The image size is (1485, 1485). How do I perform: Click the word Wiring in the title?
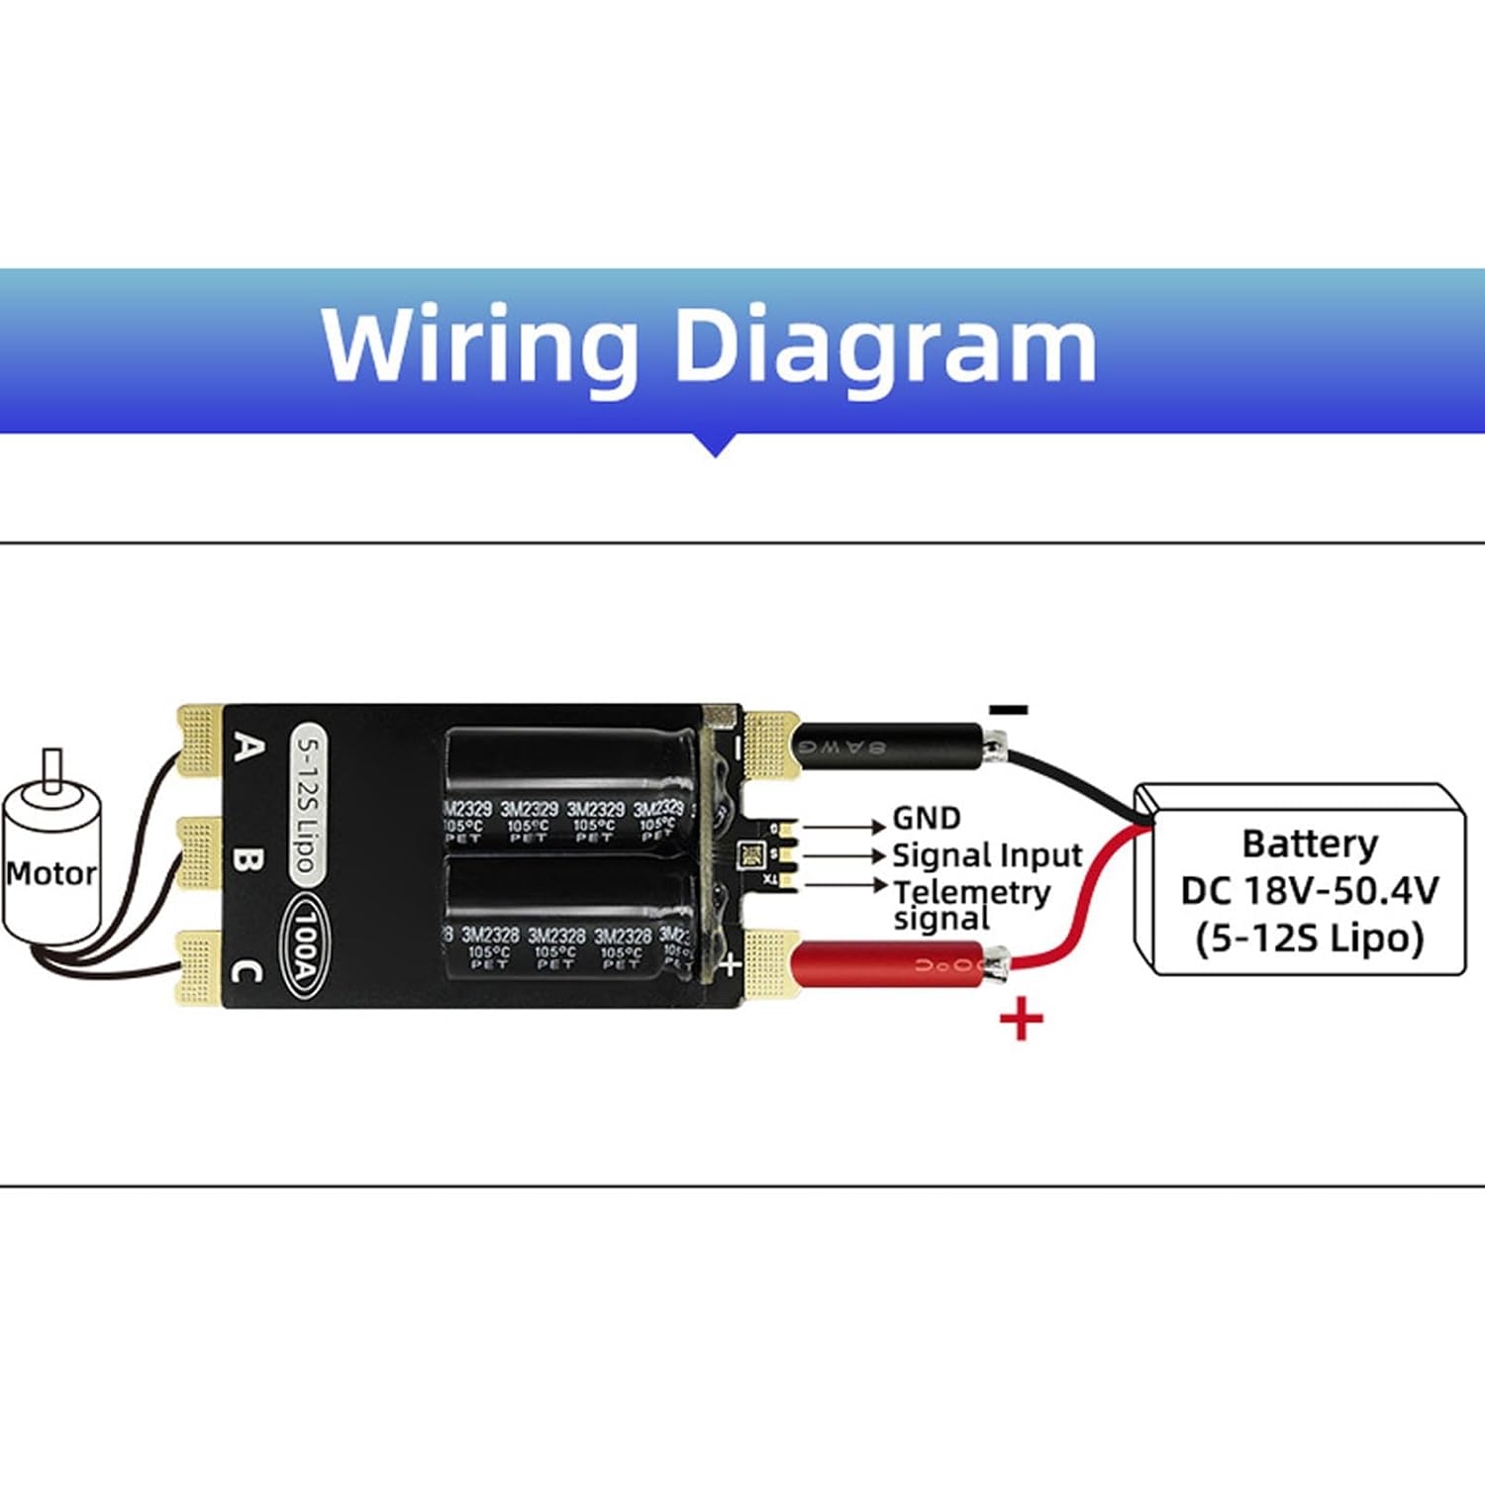(479, 346)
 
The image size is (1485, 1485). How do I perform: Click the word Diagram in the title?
(885, 346)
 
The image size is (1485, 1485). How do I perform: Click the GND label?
(927, 819)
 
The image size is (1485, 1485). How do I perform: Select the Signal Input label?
(987, 855)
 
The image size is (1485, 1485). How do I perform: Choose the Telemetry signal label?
(970, 905)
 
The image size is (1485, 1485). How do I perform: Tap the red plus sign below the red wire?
(1022, 1019)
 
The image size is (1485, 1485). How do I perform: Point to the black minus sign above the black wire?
(1009, 709)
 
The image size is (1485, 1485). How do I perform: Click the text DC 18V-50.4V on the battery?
(1309, 891)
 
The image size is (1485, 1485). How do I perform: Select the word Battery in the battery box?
(1309, 844)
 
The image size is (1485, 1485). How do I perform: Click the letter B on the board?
(247, 858)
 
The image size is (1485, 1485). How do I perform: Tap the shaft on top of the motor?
(52, 770)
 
